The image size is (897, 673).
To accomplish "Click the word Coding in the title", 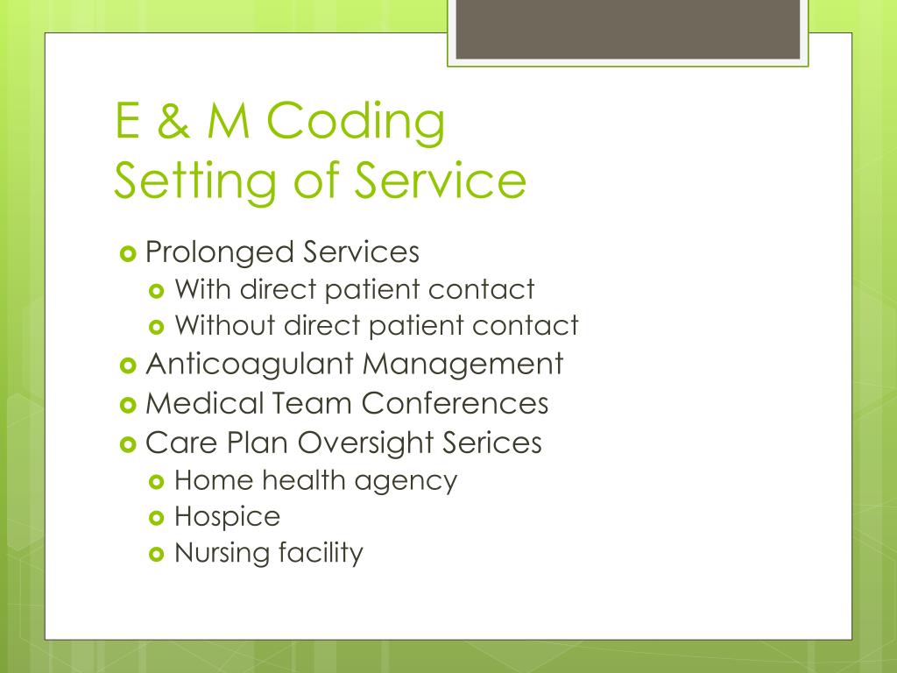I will (357, 122).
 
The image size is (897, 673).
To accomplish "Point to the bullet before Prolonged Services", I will (127, 253).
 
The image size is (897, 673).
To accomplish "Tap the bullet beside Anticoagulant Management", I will (127, 364).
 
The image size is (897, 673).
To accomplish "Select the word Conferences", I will (456, 403).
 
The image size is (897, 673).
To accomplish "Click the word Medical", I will (204, 403).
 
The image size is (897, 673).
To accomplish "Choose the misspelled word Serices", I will (492, 443).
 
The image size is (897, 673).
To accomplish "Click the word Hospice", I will (228, 517).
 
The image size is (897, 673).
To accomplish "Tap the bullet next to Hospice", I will (158, 518).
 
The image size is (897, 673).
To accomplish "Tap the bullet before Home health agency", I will (158, 481).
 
